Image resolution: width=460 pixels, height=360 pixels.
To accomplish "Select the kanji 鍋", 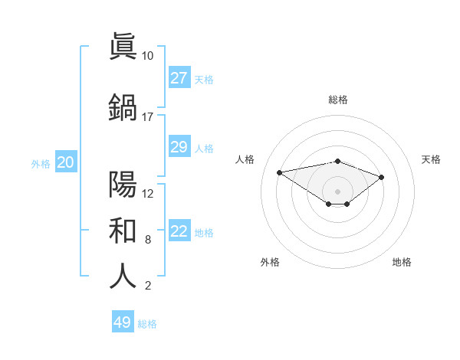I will click(123, 106).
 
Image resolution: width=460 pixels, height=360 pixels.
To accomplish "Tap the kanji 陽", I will click(123, 183).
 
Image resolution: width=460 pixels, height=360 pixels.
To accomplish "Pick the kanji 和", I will click(123, 229).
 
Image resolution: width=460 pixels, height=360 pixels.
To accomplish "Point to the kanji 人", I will click(123, 276).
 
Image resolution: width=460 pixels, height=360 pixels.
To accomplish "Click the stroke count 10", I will click(147, 56).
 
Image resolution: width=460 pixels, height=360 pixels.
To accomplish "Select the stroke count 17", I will click(147, 117).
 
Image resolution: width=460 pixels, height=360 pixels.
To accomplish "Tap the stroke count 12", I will click(147, 194).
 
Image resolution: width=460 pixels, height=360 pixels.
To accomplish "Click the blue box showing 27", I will click(179, 78).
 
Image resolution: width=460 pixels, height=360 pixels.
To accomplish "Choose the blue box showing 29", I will click(179, 147).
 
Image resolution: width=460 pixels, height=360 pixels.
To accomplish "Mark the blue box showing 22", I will click(179, 231).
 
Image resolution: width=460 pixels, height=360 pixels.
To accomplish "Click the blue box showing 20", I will click(65, 162).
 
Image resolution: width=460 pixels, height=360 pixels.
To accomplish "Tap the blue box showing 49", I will click(122, 322).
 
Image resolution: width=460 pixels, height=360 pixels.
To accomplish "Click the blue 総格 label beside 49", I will click(147, 324).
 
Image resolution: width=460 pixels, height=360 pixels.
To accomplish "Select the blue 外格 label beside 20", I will click(40, 163).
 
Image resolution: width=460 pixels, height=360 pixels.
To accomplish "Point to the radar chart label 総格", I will click(337, 100).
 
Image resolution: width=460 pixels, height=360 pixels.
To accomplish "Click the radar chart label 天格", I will click(431, 159).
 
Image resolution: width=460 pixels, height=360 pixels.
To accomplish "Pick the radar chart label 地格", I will click(402, 262).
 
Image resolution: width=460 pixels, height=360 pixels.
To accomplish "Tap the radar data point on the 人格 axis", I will click(279, 172).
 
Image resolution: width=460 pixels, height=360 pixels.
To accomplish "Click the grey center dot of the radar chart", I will click(337, 191).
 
